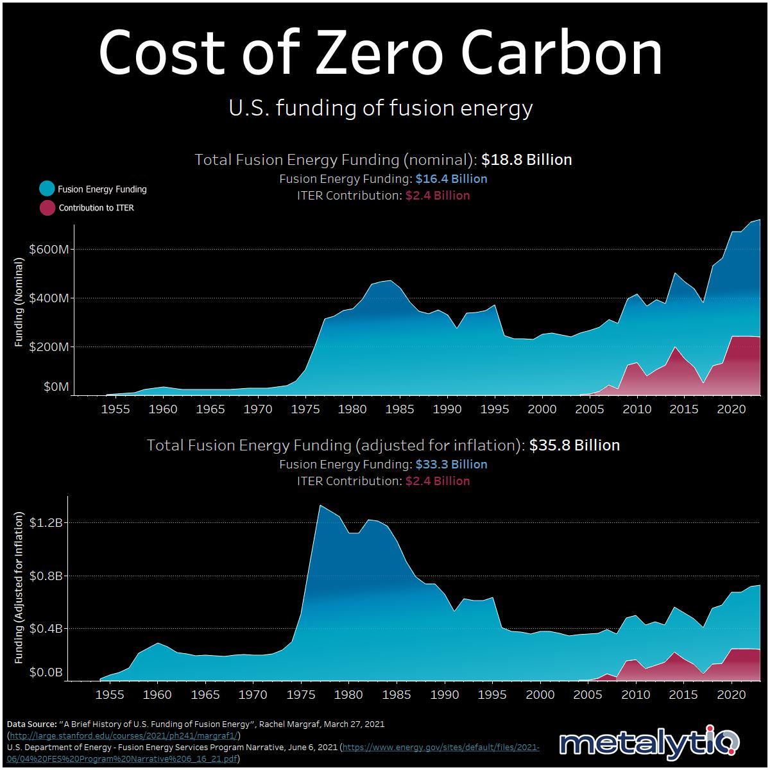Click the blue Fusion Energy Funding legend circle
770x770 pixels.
point(47,189)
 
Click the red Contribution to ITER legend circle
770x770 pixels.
point(47,207)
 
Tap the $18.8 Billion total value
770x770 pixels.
point(527,160)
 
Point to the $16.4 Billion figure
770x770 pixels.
point(451,179)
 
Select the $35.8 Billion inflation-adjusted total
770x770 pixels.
point(574,445)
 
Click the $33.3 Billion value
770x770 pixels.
point(451,464)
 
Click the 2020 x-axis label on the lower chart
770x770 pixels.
point(730,694)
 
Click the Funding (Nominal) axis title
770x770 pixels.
point(19,303)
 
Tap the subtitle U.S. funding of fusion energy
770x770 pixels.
point(381,108)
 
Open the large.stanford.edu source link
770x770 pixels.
point(124,735)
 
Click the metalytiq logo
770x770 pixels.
point(649,744)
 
